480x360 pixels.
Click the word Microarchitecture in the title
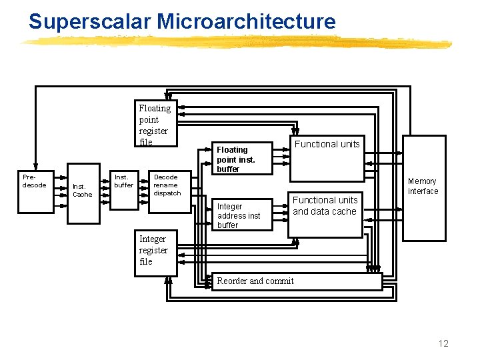coord(246,21)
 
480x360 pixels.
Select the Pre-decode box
coord(35,191)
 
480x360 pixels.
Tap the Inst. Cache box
coord(83,191)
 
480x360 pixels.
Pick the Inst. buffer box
coord(123,191)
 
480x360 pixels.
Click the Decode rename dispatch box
coord(167,191)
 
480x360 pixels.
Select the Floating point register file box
coord(155,124)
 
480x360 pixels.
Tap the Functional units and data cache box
coord(325,209)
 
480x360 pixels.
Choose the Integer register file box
coord(155,253)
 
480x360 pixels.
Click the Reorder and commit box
coord(297,281)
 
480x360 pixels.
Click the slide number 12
coord(443,343)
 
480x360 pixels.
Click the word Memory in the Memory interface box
coord(422,181)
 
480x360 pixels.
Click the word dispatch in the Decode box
coord(167,193)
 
